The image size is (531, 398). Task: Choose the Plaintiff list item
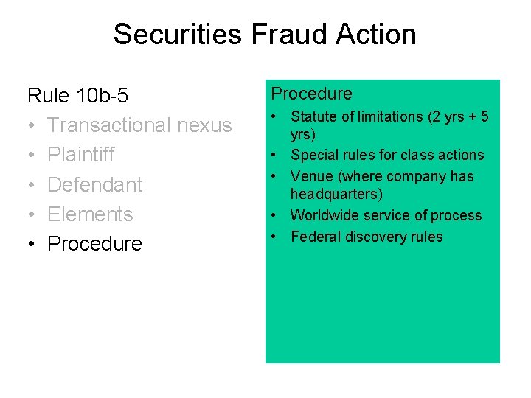click(81, 155)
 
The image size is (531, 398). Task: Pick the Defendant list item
click(94, 184)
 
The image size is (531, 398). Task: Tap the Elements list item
click(90, 214)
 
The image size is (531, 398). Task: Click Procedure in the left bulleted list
click(94, 243)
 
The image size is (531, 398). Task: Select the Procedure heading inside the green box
click(312, 94)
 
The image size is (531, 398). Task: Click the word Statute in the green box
click(313, 116)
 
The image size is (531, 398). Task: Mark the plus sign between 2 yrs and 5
click(469, 116)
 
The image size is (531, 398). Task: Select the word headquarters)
click(337, 194)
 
